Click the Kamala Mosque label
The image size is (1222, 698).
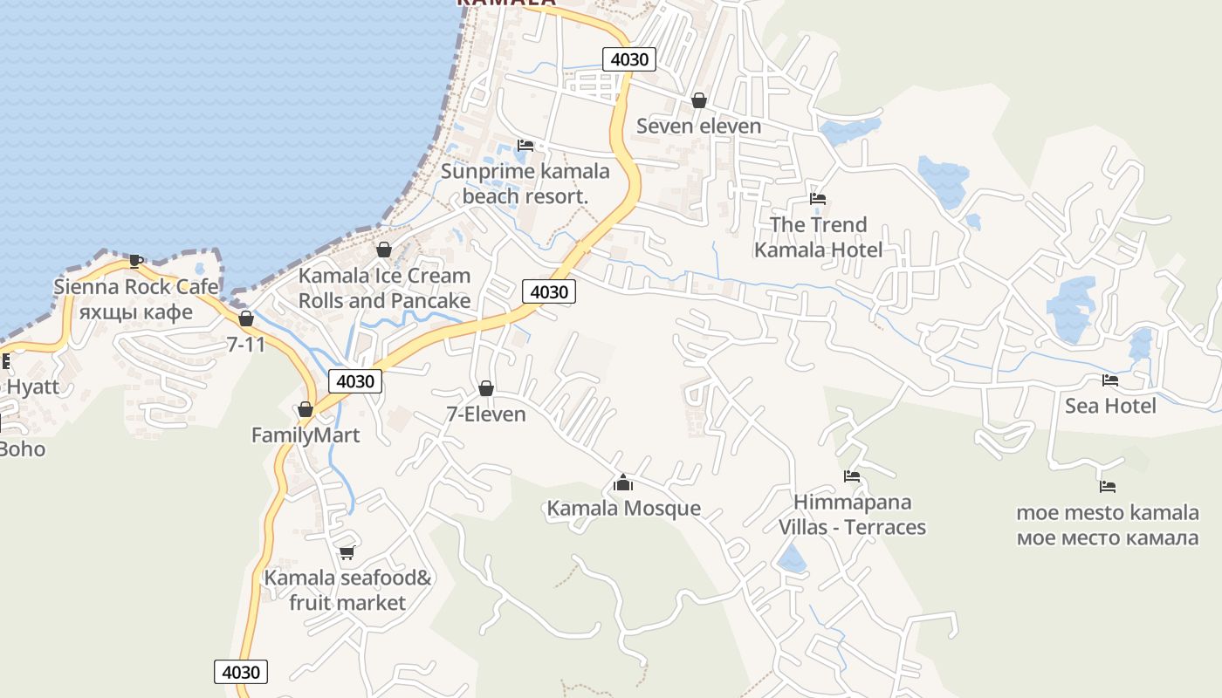pos(623,508)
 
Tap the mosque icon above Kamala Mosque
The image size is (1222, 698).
pos(623,482)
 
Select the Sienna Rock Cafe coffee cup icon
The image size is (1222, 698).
pos(135,260)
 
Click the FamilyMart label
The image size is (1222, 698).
pos(305,435)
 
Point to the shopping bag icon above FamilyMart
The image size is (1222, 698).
pos(305,409)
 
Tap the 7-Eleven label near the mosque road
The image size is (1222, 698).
pos(486,414)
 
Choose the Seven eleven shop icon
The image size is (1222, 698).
pos(698,100)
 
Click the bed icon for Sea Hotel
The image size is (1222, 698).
pos(1110,380)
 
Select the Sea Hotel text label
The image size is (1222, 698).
pos(1110,406)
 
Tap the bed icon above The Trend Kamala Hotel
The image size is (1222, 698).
pos(818,199)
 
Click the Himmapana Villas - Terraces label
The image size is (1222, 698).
pos(852,515)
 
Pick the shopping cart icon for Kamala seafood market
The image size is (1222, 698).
pos(347,551)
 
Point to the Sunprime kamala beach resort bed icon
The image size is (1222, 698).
pos(525,145)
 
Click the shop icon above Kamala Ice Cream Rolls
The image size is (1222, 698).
pos(383,250)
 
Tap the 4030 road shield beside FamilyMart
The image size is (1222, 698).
pos(355,381)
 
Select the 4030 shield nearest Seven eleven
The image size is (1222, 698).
pos(628,59)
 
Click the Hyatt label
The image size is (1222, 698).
pos(33,387)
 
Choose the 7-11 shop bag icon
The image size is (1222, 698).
pos(246,318)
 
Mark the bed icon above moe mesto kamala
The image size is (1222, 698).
pos(1108,487)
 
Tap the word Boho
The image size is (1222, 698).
pos(23,449)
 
